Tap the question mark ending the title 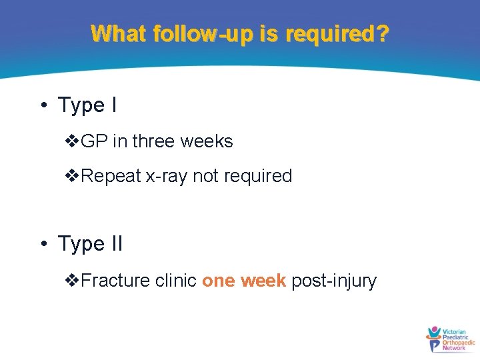click(382, 33)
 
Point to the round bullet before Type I click(43, 105)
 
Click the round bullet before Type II click(43, 244)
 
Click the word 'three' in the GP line click(155, 141)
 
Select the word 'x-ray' click(167, 177)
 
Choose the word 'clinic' click(175, 281)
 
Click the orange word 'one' click(217, 281)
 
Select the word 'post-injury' click(334, 281)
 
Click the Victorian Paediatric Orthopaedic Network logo click(449, 339)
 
